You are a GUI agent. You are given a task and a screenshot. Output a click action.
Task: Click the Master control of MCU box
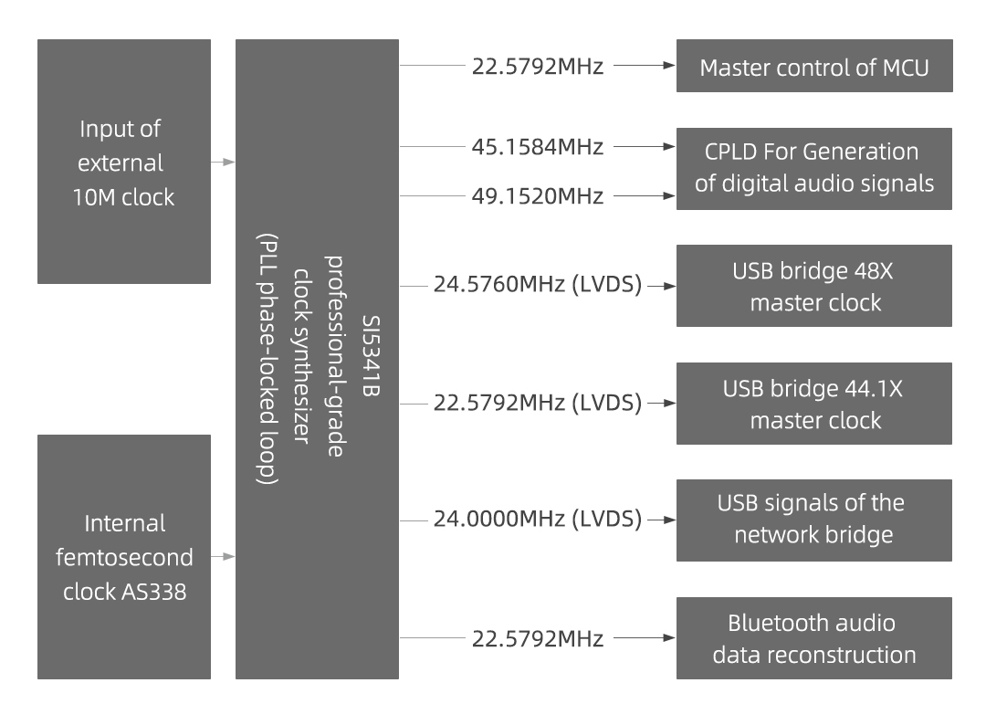pyautogui.click(x=814, y=67)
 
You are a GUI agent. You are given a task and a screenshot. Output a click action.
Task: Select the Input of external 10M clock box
pyautogui.click(x=124, y=162)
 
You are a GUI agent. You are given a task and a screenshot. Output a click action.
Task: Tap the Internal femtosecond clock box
pyautogui.click(x=124, y=557)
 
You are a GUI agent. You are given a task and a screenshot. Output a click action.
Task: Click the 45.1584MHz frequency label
pyautogui.click(x=538, y=146)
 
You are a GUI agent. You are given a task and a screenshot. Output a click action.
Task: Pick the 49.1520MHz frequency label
pyautogui.click(x=538, y=195)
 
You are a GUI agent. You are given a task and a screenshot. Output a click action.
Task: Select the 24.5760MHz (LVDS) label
pyautogui.click(x=538, y=286)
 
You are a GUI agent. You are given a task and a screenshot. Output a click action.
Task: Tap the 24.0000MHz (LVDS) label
pyautogui.click(x=538, y=520)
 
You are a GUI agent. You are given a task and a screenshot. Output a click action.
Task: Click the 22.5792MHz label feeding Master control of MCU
pyautogui.click(x=538, y=67)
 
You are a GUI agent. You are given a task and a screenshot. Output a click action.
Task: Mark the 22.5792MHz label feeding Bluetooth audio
pyautogui.click(x=538, y=638)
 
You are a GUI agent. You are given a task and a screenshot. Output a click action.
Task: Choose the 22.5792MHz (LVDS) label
pyautogui.click(x=538, y=403)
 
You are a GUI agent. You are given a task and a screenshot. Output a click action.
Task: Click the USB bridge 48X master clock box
pyautogui.click(x=814, y=286)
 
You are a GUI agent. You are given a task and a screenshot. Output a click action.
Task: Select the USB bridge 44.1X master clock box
pyautogui.click(x=814, y=403)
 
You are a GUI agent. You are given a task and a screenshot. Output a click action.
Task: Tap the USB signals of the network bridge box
pyautogui.click(x=814, y=520)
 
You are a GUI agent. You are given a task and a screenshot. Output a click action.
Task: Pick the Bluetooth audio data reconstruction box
pyautogui.click(x=814, y=638)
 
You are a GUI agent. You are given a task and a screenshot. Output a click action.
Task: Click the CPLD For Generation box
pyautogui.click(x=814, y=169)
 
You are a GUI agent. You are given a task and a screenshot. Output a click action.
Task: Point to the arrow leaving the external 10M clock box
pyautogui.click(x=223, y=162)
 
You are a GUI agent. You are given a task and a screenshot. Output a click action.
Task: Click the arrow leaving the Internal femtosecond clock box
pyautogui.click(x=223, y=556)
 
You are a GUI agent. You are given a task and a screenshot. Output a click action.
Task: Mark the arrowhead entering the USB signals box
pyautogui.click(x=671, y=520)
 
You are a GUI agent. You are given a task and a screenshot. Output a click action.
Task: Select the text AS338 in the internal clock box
pyautogui.click(x=154, y=592)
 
